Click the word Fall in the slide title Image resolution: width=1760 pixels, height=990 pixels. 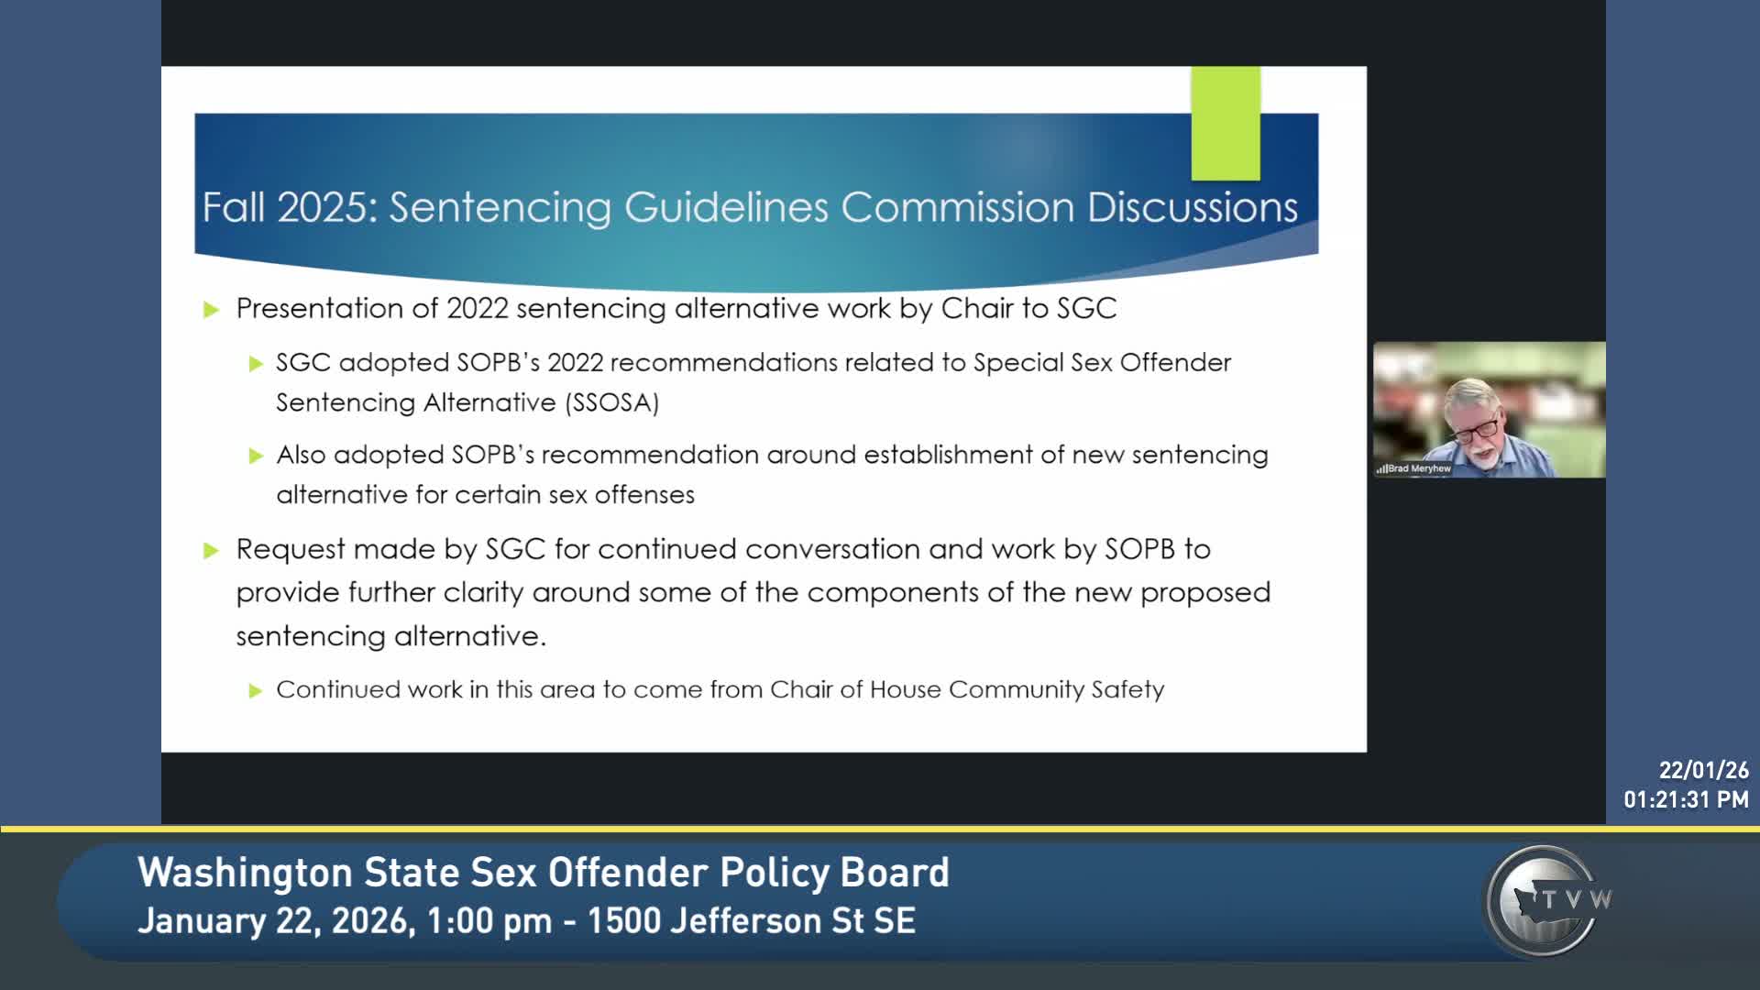click(235, 207)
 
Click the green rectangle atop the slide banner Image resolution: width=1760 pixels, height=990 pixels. click(1226, 124)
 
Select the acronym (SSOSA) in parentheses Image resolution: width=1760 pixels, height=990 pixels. click(612, 402)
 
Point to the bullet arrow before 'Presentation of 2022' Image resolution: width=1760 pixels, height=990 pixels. click(212, 310)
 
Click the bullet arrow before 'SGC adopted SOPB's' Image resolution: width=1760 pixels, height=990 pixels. click(256, 364)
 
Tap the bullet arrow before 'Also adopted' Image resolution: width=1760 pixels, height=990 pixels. click(256, 456)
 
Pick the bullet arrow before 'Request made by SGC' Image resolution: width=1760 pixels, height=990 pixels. click(212, 551)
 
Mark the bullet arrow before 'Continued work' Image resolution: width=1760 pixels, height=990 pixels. click(256, 691)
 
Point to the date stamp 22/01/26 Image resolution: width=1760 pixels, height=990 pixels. click(1703, 771)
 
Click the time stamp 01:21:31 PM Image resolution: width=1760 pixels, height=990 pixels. click(1686, 800)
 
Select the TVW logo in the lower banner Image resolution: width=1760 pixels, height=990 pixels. click(1547, 901)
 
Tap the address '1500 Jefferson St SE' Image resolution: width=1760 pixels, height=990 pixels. click(752, 921)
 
